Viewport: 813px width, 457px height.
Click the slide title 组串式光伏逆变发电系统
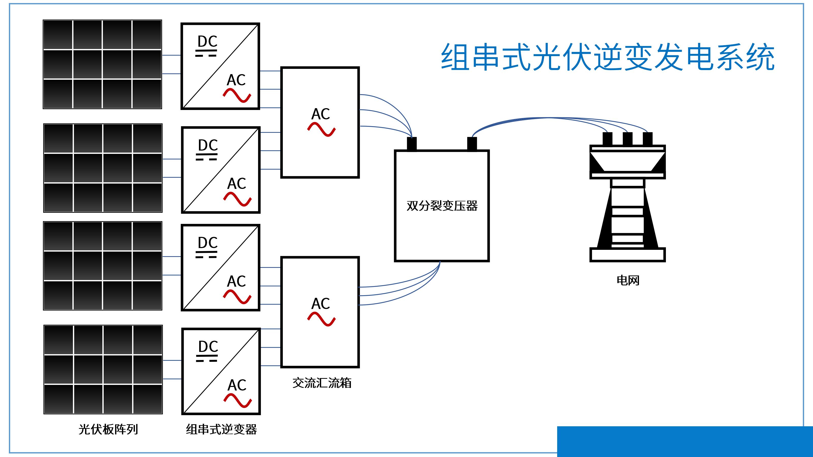point(607,57)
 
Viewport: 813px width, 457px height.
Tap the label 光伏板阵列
point(108,429)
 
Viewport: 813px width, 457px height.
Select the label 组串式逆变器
point(222,429)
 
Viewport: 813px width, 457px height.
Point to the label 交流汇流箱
point(322,383)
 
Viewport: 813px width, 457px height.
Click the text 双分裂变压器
point(442,206)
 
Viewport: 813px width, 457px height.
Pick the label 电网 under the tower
point(628,280)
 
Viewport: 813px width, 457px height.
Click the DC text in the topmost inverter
point(207,41)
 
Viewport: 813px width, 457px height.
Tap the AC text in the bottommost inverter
point(237,385)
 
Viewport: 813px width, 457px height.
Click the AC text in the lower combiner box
point(320,304)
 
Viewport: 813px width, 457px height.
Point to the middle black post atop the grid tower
point(628,139)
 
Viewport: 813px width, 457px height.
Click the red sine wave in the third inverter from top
point(237,297)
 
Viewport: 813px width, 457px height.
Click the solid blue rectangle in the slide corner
point(685,442)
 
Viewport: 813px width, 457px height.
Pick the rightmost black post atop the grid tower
point(648,139)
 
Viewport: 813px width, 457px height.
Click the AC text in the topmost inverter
point(236,80)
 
